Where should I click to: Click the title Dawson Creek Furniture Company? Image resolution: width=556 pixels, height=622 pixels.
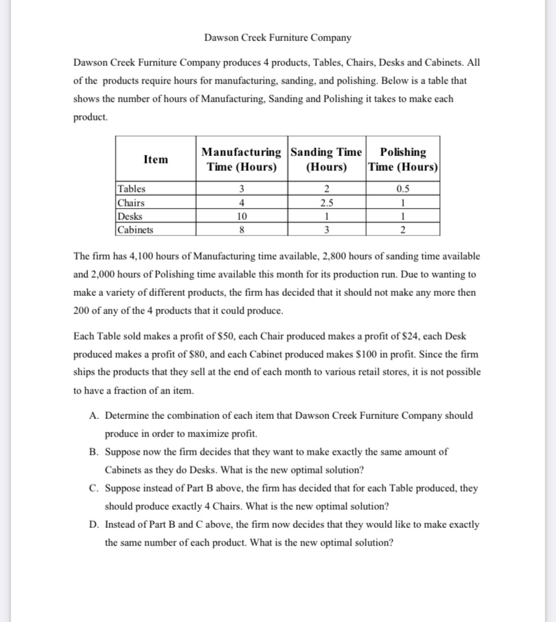(x=277, y=38)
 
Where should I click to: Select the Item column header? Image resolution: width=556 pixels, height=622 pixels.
(x=156, y=159)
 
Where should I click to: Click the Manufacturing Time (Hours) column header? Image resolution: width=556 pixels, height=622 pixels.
(x=242, y=159)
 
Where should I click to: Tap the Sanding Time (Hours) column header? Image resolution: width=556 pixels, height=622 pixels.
(x=326, y=159)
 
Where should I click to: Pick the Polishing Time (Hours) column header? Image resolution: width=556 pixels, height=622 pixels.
(x=403, y=159)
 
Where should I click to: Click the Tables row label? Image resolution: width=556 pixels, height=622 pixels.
(x=132, y=189)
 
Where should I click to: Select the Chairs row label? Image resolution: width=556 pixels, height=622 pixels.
(x=132, y=202)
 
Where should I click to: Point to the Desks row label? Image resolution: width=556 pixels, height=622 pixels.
(x=130, y=216)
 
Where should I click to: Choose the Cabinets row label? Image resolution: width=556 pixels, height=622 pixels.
(x=135, y=229)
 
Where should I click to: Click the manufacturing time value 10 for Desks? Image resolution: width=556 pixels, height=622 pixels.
(x=242, y=217)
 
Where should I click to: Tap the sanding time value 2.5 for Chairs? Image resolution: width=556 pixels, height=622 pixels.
(x=326, y=203)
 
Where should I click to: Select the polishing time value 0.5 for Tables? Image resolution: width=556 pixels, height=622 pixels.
(x=403, y=190)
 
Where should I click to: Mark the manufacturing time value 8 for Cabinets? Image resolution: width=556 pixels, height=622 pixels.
(x=242, y=230)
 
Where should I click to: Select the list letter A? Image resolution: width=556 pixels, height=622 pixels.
(x=93, y=416)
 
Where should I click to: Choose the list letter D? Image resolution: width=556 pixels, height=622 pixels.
(x=93, y=524)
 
